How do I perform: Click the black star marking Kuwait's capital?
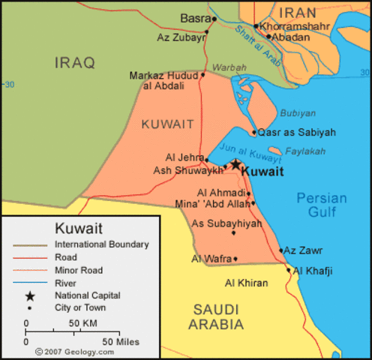[x=235, y=163]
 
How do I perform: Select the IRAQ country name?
[x=75, y=63]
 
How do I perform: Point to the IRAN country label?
[x=298, y=12]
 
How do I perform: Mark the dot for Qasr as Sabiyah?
[x=254, y=133]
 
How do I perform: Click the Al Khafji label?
[x=313, y=271]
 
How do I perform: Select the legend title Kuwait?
[x=79, y=228]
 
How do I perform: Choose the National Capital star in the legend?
[x=29, y=295]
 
